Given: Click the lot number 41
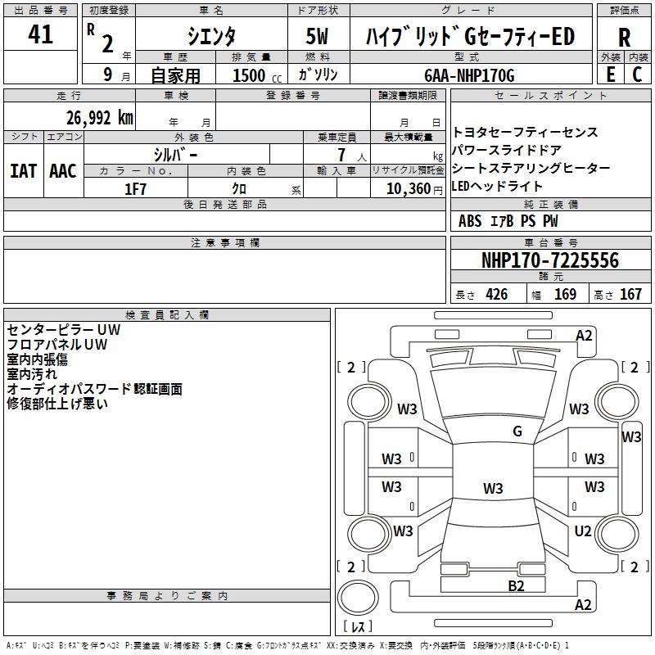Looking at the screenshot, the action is tap(40, 35).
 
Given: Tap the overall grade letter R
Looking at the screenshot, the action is tap(624, 38).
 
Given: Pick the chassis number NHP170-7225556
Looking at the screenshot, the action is tap(549, 260).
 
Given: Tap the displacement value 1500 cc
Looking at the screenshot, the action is tap(251, 75).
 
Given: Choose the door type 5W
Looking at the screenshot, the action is tap(318, 37).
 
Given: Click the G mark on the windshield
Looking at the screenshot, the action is tap(517, 431).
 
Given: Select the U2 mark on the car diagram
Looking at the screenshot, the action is tap(583, 531).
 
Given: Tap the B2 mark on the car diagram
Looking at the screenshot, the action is tap(516, 585).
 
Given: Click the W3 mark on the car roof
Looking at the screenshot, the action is tap(492, 489).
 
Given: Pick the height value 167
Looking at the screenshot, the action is tap(630, 295).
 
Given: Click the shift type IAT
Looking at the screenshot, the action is tap(22, 171).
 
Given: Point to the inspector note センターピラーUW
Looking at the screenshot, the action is tap(63, 330).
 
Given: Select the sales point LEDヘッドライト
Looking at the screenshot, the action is tap(497, 186).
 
